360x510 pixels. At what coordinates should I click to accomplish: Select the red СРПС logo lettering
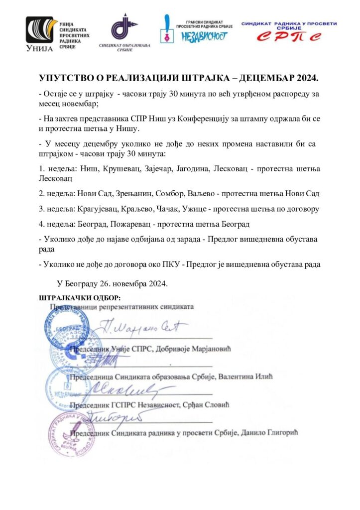coord(289,36)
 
